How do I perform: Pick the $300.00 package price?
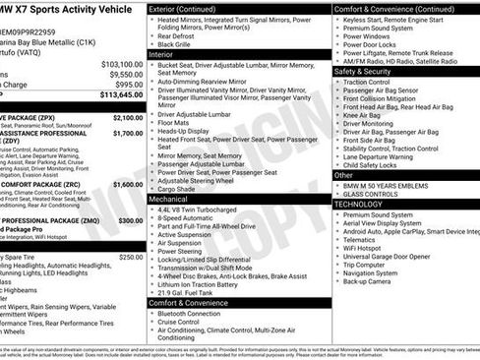(x=131, y=220)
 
